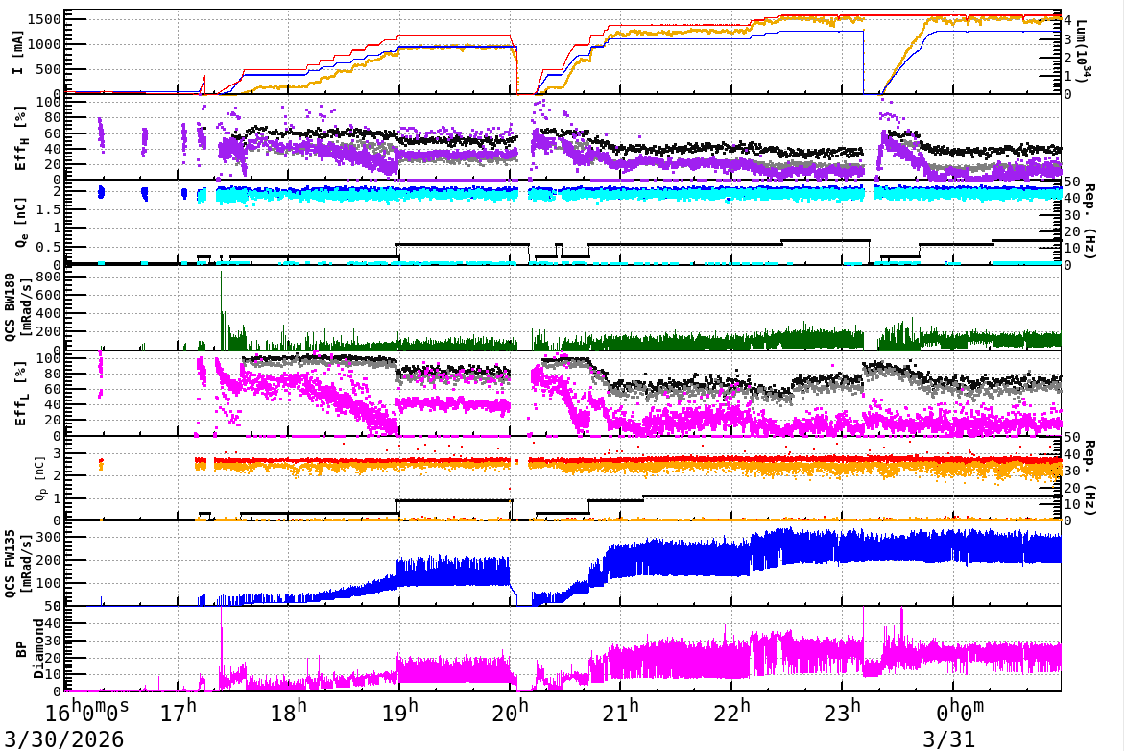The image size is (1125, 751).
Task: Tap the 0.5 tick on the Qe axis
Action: (x=48, y=247)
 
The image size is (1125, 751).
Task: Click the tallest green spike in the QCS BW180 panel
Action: (x=222, y=274)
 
